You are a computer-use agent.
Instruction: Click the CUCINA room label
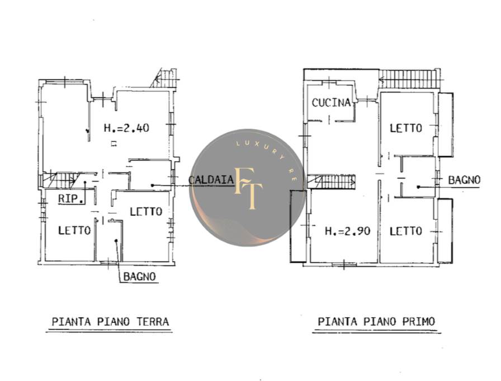(x=331, y=103)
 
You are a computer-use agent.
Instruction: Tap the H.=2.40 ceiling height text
(x=126, y=128)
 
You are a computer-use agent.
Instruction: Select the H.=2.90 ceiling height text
(x=348, y=231)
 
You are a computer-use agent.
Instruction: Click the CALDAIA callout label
(x=211, y=180)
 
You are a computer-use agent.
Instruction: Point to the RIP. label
(x=72, y=199)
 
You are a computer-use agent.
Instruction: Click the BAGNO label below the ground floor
(x=140, y=277)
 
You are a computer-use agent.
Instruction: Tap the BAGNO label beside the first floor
(x=464, y=180)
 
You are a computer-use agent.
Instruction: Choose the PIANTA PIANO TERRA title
(x=110, y=322)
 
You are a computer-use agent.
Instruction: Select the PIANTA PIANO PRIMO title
(x=376, y=322)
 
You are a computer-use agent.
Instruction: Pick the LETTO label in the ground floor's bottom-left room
(x=74, y=230)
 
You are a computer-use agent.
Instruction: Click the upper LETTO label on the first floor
(x=406, y=128)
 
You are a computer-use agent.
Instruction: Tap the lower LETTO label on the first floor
(x=406, y=231)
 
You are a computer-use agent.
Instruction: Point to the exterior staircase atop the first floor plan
(x=408, y=79)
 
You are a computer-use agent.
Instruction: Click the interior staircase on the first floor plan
(x=332, y=182)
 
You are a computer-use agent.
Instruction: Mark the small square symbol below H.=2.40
(x=114, y=144)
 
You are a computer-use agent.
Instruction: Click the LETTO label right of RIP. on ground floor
(x=146, y=212)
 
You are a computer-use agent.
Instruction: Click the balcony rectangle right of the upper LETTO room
(x=446, y=124)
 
